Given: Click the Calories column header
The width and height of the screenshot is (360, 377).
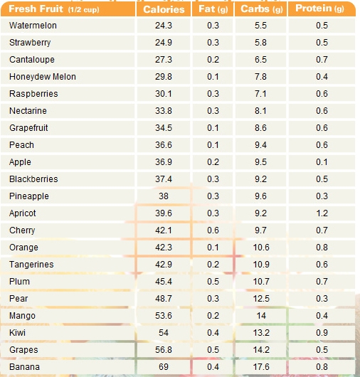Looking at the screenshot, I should pos(164,9).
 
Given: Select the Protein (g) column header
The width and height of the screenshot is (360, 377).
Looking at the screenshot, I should pos(319,9).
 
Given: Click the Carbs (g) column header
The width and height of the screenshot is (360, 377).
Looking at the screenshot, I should pos(261,9).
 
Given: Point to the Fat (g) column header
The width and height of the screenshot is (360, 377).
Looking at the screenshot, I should pos(213,9).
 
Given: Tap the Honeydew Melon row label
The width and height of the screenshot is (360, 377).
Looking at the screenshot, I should pos(43,77).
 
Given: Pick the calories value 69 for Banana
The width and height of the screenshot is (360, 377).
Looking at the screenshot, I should pos(164,367).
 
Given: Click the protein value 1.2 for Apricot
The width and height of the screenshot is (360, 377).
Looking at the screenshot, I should pos(322,213).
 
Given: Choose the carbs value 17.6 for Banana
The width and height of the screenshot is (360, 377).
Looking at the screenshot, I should pos(261,367).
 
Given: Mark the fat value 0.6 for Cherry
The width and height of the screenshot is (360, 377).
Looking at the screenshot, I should pos(213,230).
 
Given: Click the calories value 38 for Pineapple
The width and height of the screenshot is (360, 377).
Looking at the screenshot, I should pos(164,196).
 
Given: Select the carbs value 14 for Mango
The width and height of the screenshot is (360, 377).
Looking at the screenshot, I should pos(261,316).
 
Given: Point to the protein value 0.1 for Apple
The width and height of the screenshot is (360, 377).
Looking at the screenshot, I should pos(322,162).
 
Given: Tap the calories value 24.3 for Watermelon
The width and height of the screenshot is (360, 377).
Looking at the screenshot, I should pos(164,26).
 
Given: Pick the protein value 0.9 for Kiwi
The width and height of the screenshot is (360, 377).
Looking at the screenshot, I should pos(322,333).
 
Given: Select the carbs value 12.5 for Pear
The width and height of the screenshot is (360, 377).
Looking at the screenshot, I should pos(261,299).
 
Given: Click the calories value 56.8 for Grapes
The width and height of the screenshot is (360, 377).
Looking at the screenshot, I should pos(164,350).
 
